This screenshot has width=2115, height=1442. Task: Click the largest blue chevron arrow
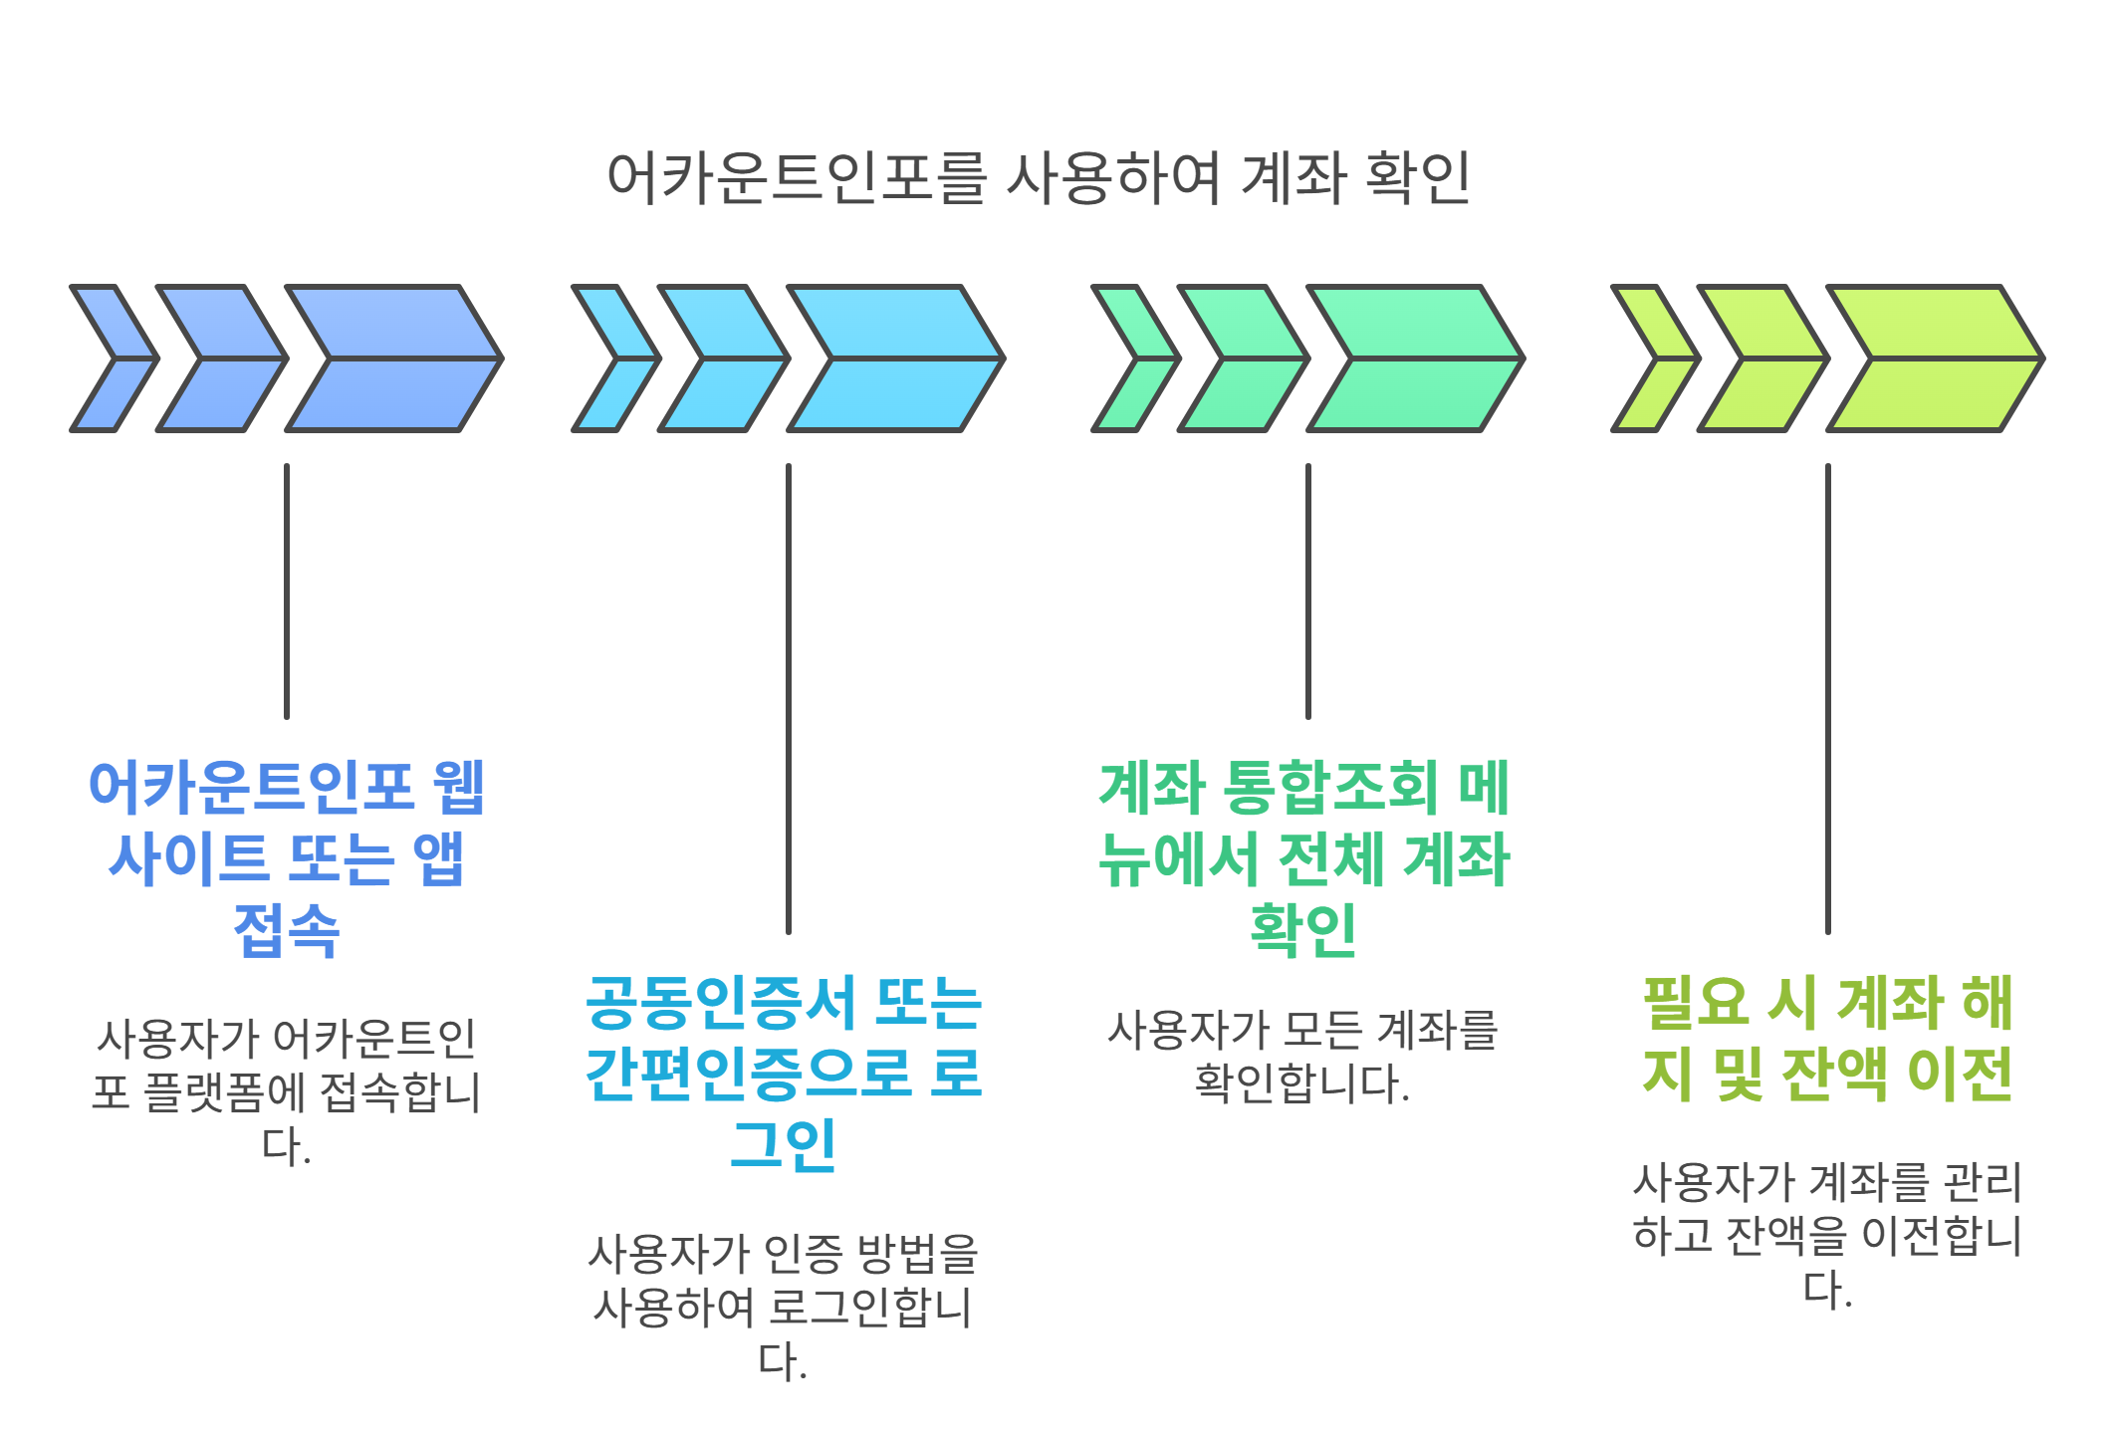(394, 359)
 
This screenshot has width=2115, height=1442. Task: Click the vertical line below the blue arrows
(287, 591)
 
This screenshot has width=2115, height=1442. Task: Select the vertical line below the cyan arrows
(789, 697)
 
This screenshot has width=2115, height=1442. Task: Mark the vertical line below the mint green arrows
(1308, 591)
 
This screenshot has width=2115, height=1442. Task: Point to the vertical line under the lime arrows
(1828, 697)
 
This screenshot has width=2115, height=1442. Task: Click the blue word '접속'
(287, 930)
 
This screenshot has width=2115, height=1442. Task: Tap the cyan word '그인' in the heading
(784, 1145)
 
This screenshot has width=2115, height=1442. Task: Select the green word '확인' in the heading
(1303, 930)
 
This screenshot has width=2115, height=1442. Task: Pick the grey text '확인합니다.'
(1302, 1083)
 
